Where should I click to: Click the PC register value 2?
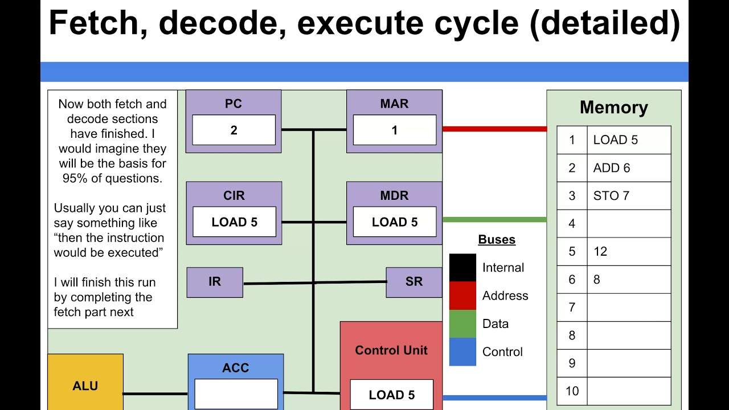click(x=234, y=130)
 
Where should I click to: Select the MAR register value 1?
click(x=394, y=130)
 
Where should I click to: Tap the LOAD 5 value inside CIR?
click(x=234, y=222)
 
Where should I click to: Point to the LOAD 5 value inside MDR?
click(x=394, y=222)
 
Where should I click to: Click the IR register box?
click(x=215, y=282)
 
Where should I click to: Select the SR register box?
click(x=414, y=282)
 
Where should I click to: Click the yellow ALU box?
click(x=85, y=386)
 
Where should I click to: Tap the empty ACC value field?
click(x=236, y=394)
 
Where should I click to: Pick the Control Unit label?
click(x=391, y=350)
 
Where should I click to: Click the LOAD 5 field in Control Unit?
click(x=391, y=395)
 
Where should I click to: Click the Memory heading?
click(x=613, y=108)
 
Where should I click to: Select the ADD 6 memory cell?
click(x=629, y=168)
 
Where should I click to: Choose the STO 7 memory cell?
click(x=629, y=196)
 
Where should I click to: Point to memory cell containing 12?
click(x=629, y=252)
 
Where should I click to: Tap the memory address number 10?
click(x=572, y=391)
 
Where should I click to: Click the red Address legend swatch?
click(x=462, y=296)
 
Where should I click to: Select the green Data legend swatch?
click(x=462, y=323)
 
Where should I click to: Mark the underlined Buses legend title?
click(x=497, y=239)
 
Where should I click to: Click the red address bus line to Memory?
click(x=494, y=129)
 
